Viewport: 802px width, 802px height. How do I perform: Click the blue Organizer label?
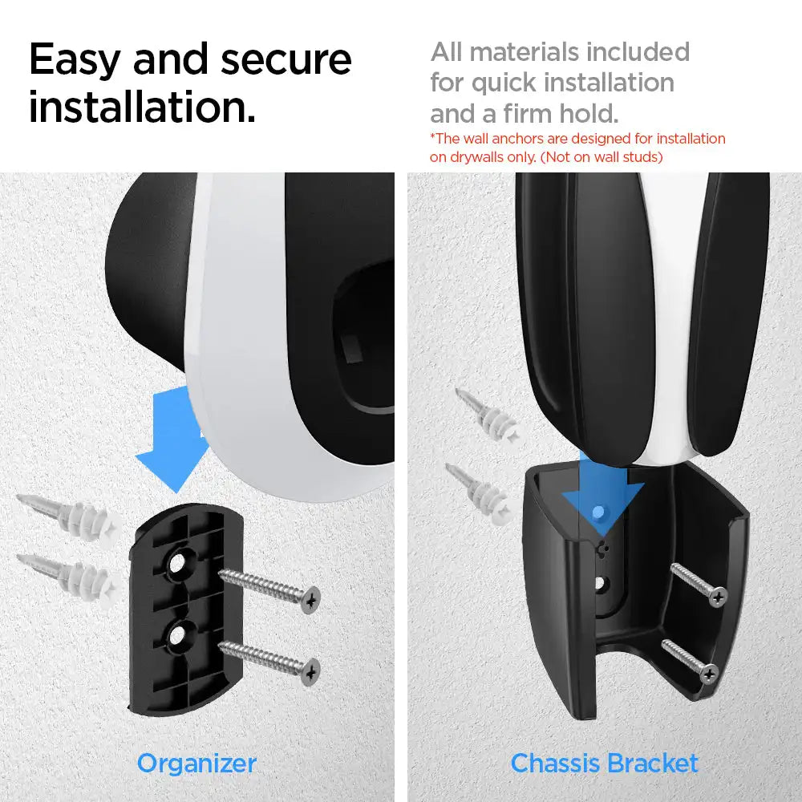(197, 764)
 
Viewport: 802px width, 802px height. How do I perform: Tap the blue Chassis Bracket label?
(604, 764)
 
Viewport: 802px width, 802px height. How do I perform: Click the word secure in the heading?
(286, 60)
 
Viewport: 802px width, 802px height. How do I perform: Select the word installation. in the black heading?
(142, 107)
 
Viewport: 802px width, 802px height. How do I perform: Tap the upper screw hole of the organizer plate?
(176, 563)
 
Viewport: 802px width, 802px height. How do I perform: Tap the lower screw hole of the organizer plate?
(176, 634)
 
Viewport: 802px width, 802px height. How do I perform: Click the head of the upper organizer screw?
(310, 600)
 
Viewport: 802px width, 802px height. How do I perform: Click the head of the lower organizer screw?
(310, 671)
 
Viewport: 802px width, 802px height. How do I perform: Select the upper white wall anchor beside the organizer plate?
(71, 516)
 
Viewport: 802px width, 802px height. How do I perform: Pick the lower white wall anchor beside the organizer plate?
(71, 577)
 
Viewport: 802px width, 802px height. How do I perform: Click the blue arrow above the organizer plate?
(174, 439)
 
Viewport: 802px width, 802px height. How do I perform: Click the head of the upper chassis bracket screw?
(718, 597)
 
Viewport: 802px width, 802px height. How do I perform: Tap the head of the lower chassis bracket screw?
(709, 674)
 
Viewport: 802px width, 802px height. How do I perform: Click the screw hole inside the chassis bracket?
(601, 583)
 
